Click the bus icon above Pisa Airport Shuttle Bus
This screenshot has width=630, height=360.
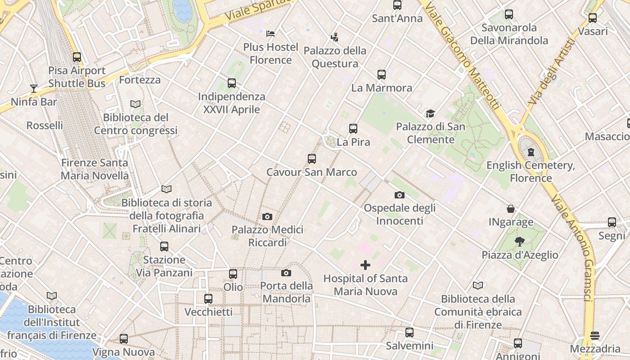(x=77, y=57)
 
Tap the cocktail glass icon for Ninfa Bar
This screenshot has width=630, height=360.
(x=34, y=88)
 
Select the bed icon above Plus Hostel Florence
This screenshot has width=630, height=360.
(x=270, y=33)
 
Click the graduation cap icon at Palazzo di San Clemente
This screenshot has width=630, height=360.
(x=431, y=113)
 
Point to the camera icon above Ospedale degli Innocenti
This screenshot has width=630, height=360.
(x=399, y=195)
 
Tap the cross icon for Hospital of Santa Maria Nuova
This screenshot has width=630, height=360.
(x=365, y=265)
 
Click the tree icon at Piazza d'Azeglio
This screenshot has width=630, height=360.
(x=520, y=242)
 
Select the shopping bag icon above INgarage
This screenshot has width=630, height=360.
(x=511, y=209)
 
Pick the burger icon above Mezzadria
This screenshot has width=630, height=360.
(x=595, y=336)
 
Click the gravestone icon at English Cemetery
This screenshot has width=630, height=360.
(x=531, y=152)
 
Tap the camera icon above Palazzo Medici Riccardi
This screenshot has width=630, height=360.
(x=267, y=216)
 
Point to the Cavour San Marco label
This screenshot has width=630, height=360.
(x=311, y=172)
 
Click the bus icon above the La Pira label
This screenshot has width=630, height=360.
(x=353, y=129)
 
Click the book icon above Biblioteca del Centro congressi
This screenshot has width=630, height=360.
(x=135, y=104)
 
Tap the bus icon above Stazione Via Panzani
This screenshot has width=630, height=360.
(x=164, y=247)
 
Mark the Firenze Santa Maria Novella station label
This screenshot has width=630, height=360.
(x=94, y=169)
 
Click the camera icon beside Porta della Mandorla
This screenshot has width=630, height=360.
(x=286, y=273)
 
